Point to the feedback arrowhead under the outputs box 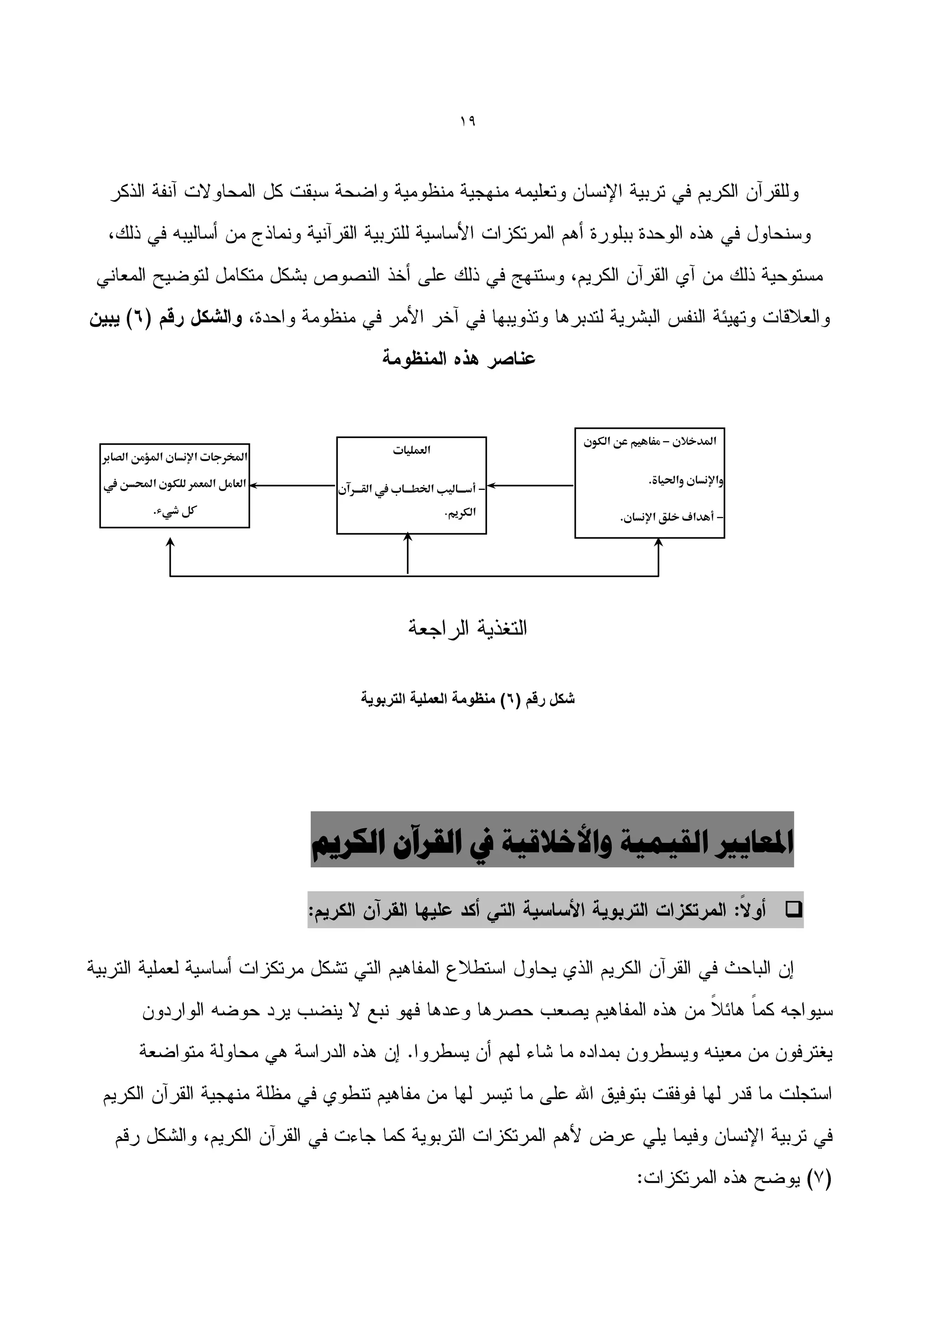(x=170, y=543)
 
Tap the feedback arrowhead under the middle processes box (x=408, y=537)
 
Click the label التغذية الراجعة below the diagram (x=467, y=628)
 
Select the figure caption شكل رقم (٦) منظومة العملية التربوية (x=467, y=699)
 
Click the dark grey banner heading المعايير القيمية (x=552, y=843)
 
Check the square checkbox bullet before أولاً (x=794, y=910)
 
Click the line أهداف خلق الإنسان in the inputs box (x=671, y=517)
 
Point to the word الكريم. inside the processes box (x=461, y=513)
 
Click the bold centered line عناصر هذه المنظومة (x=459, y=359)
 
